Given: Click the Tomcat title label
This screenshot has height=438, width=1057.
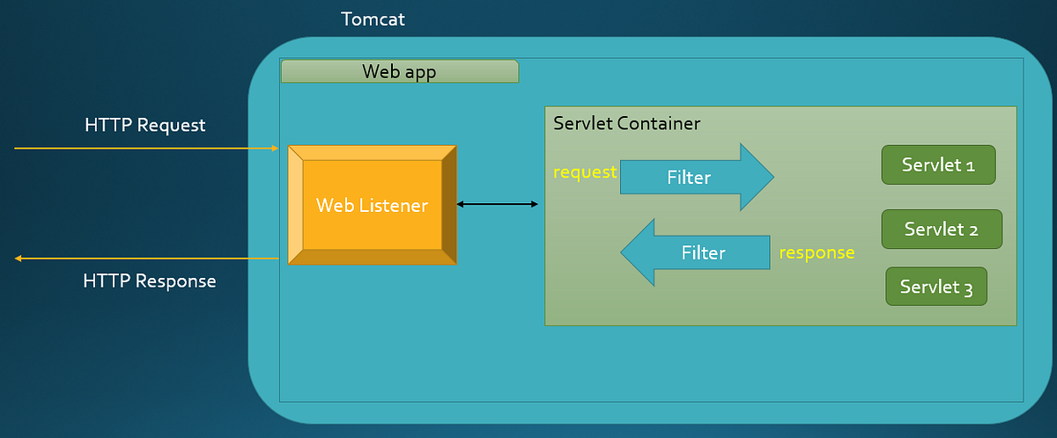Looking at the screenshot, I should click(373, 18).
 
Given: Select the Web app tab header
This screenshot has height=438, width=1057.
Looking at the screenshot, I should click(399, 71).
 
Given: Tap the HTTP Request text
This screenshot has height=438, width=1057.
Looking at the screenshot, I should click(144, 125).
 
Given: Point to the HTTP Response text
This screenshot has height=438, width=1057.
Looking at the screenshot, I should click(149, 281).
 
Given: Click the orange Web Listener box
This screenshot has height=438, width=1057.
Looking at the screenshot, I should click(372, 206).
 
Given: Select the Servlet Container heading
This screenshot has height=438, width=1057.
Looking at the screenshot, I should click(626, 123).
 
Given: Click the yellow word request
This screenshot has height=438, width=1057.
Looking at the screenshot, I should click(584, 172).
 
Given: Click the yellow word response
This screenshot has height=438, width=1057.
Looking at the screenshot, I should click(817, 252).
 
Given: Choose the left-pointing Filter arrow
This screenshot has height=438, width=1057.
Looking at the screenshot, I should click(696, 253).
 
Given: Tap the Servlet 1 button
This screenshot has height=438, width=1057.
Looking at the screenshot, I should click(938, 164).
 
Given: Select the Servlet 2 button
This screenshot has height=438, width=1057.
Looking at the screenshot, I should click(941, 230).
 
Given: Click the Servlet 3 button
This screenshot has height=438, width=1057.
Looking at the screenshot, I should click(935, 287).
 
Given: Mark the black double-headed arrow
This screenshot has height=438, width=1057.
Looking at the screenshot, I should click(497, 204).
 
